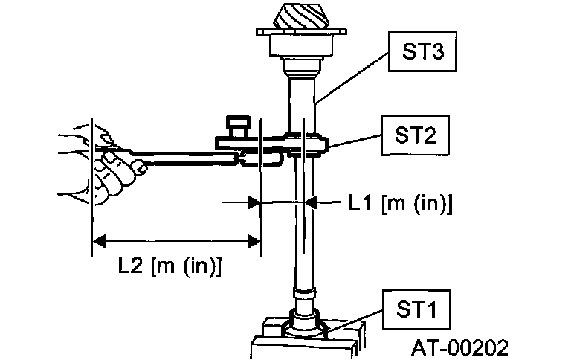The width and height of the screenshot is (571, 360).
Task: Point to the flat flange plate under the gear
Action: pyautogui.click(x=300, y=33)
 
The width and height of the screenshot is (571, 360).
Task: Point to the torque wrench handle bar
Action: pyautogui.click(x=178, y=153)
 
